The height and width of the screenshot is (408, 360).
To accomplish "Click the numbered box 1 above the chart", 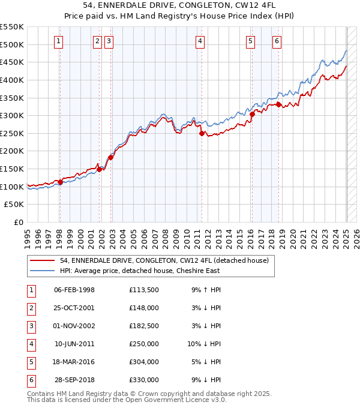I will click(x=58, y=41).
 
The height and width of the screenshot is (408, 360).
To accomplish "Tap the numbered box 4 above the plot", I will click(x=200, y=41).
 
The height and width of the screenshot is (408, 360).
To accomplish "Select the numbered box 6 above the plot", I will click(x=277, y=41).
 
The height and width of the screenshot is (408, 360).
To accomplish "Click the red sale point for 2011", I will click(x=202, y=133).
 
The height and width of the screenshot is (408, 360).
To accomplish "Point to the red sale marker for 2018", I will click(x=279, y=104).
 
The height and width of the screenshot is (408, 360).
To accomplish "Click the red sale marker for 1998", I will click(x=60, y=182).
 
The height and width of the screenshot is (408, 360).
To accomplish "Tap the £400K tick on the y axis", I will click(x=13, y=80).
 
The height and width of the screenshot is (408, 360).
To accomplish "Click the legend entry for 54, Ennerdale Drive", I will click(x=167, y=260).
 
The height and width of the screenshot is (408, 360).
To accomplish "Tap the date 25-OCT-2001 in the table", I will click(x=74, y=308).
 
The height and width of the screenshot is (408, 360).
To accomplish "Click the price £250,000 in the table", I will click(x=143, y=344).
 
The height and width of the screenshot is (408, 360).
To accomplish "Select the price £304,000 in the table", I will click(x=143, y=362).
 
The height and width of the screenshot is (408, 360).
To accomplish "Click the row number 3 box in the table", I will click(x=30, y=326).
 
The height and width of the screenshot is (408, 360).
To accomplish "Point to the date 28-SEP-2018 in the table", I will click(x=74, y=380).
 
